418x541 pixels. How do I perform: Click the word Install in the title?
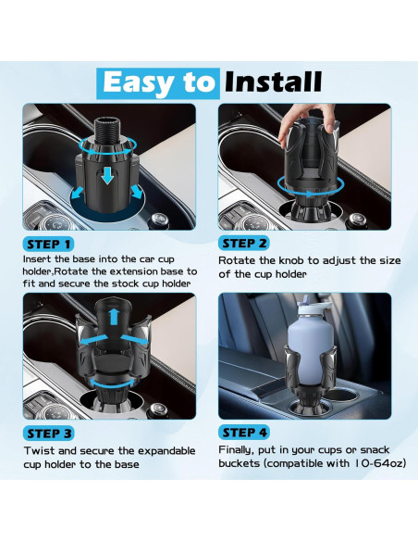pyautogui.click(x=273, y=82)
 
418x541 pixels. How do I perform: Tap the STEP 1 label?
pyautogui.click(x=48, y=245)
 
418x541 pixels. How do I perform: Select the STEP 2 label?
pyautogui.click(x=244, y=244)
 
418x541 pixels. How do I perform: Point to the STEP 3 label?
pyautogui.click(x=48, y=434)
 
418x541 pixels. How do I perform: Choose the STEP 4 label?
pyautogui.click(x=244, y=433)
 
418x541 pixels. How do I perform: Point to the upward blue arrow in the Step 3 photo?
pyautogui.click(x=115, y=317)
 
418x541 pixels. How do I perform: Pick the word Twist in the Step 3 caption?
pyautogui.click(x=39, y=450)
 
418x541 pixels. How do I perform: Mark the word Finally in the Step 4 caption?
pyautogui.click(x=237, y=450)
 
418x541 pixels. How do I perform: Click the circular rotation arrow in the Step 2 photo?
pyautogui.click(x=310, y=193)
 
